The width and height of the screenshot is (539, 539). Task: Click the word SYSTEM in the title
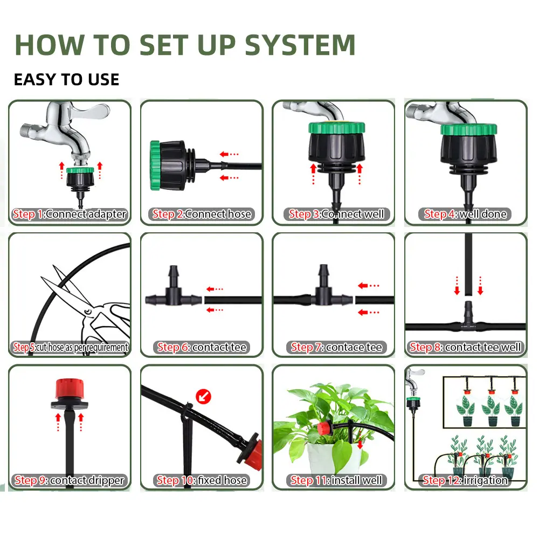[x=300, y=45]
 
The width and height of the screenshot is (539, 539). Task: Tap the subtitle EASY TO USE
[x=67, y=79]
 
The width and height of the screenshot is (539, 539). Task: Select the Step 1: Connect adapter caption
[x=70, y=214]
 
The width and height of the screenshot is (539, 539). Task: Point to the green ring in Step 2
[x=155, y=165]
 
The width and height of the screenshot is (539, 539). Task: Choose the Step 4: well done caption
[x=465, y=214]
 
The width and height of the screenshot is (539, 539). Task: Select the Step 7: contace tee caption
[x=336, y=347]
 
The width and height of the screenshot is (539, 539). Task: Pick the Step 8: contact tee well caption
[x=466, y=347]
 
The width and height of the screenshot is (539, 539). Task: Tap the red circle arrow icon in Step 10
[x=204, y=397]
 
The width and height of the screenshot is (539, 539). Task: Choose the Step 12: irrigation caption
[x=465, y=480]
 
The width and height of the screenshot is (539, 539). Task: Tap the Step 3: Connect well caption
[x=336, y=214]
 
